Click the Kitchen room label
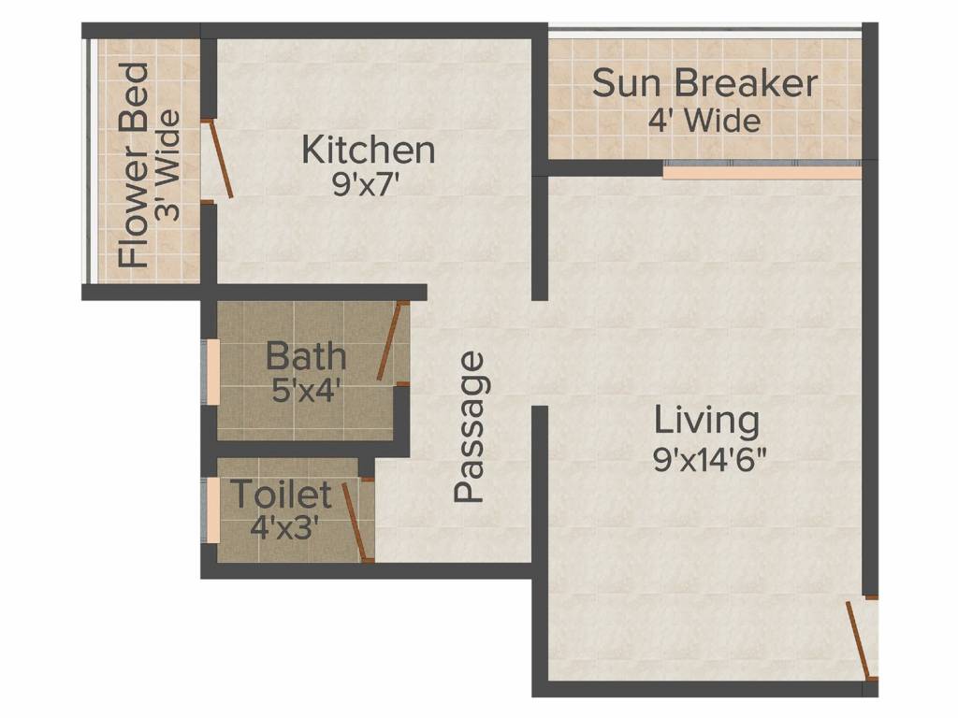coord(369,150)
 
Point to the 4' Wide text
coord(704,121)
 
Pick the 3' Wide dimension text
coord(168,165)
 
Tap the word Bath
coord(306,356)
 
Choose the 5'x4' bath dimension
coord(305,389)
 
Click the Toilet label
coord(281,494)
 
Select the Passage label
coord(471,427)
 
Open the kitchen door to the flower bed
coord(221,159)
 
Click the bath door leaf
coord(391,341)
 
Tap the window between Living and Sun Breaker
coord(762,173)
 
